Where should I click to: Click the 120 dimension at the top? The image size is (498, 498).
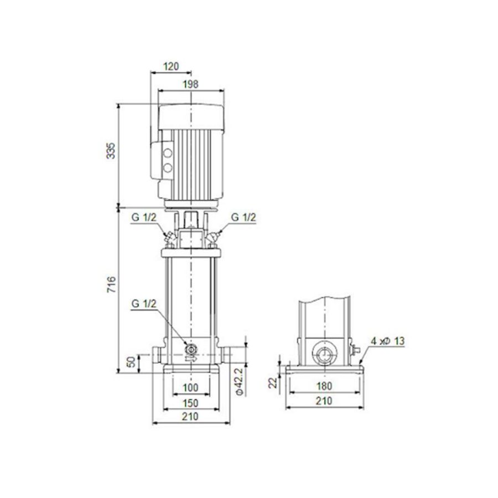[172, 67]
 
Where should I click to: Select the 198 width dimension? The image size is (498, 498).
[190, 84]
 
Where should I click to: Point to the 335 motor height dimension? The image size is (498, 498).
[111, 151]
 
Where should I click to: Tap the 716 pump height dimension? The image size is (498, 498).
[111, 285]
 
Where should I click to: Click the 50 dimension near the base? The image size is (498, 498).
[131, 363]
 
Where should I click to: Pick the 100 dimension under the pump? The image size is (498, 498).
[190, 386]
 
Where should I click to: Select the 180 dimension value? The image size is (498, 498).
[324, 386]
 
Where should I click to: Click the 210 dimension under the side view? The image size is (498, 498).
[324, 401]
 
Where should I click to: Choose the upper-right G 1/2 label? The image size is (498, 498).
[243, 217]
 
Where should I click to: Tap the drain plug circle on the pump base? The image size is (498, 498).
[191, 350]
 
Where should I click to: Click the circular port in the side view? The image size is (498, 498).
[323, 353]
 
